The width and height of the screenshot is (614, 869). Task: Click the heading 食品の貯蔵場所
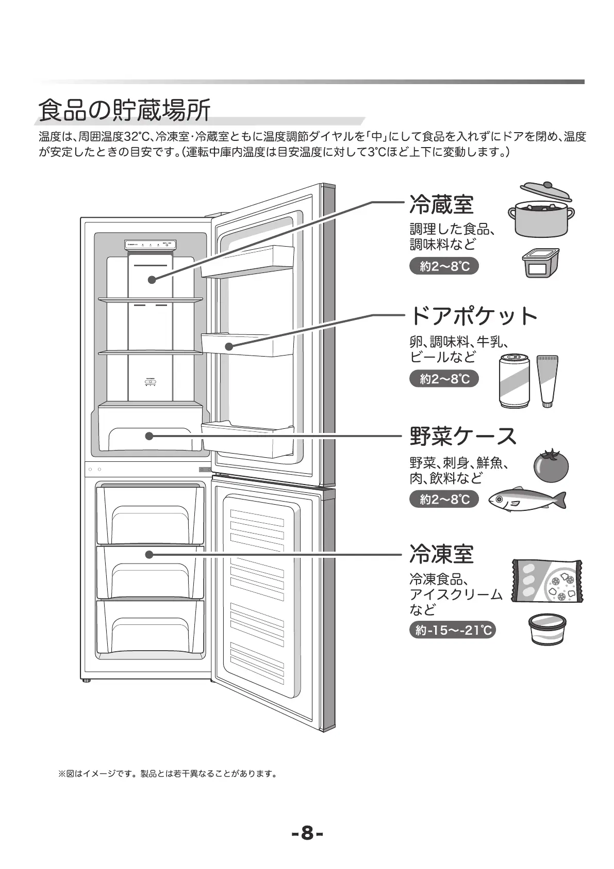click(x=124, y=109)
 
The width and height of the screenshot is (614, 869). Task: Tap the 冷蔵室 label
click(x=441, y=205)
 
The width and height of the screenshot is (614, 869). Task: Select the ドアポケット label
click(x=473, y=316)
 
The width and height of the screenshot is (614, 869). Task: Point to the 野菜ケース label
click(x=463, y=436)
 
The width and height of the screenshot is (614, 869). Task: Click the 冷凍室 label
click(x=441, y=554)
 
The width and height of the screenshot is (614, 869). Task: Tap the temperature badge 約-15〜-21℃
click(x=452, y=630)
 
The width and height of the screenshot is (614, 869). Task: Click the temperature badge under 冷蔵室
click(x=444, y=266)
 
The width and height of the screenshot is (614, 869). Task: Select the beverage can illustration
click(x=515, y=381)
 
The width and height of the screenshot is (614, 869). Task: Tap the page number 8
click(x=307, y=832)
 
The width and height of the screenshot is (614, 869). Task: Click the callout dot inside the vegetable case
click(x=149, y=436)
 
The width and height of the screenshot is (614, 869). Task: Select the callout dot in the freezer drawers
click(x=149, y=555)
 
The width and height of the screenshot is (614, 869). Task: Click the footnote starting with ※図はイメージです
click(x=168, y=774)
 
